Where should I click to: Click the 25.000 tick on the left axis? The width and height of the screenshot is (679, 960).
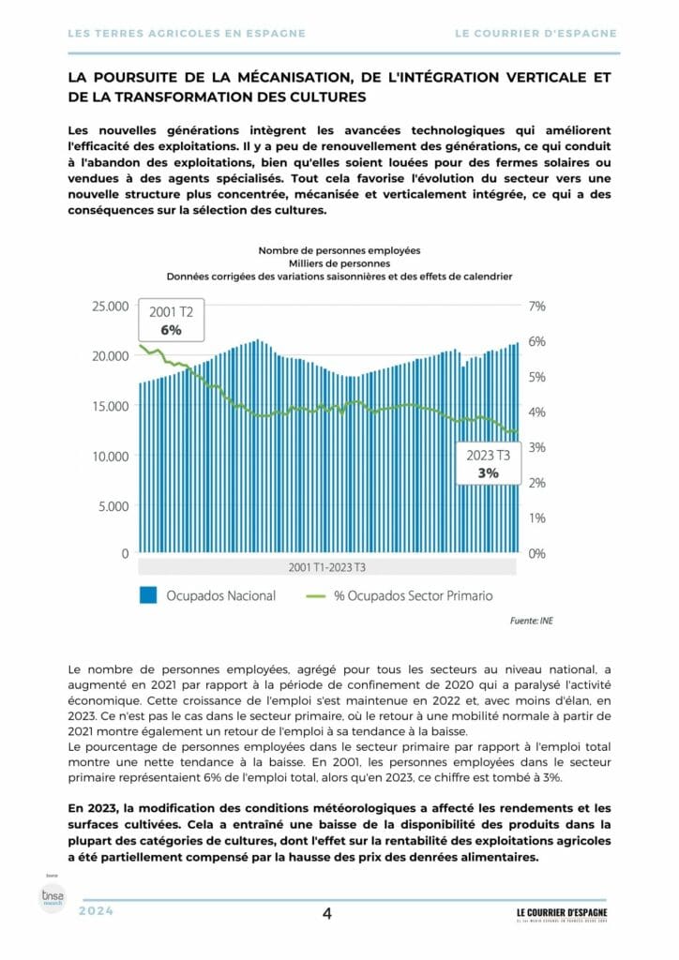pyautogui.click(x=107, y=306)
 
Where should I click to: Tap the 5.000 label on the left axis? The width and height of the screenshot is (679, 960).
pyautogui.click(x=112, y=505)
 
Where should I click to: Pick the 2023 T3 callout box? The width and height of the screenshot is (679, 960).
pyautogui.click(x=488, y=464)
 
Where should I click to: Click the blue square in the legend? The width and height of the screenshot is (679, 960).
pyautogui.click(x=147, y=595)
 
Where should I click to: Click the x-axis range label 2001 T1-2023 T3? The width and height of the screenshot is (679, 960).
pyautogui.click(x=326, y=568)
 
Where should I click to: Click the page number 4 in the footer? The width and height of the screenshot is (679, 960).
pyautogui.click(x=327, y=915)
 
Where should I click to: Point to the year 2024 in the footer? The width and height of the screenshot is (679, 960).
pyautogui.click(x=96, y=911)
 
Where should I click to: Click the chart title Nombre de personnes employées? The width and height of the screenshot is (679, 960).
pyautogui.click(x=339, y=250)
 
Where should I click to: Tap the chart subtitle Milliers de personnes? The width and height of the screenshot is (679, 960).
pyautogui.click(x=339, y=263)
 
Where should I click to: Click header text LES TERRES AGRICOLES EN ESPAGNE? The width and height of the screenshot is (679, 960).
pyautogui.click(x=188, y=33)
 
